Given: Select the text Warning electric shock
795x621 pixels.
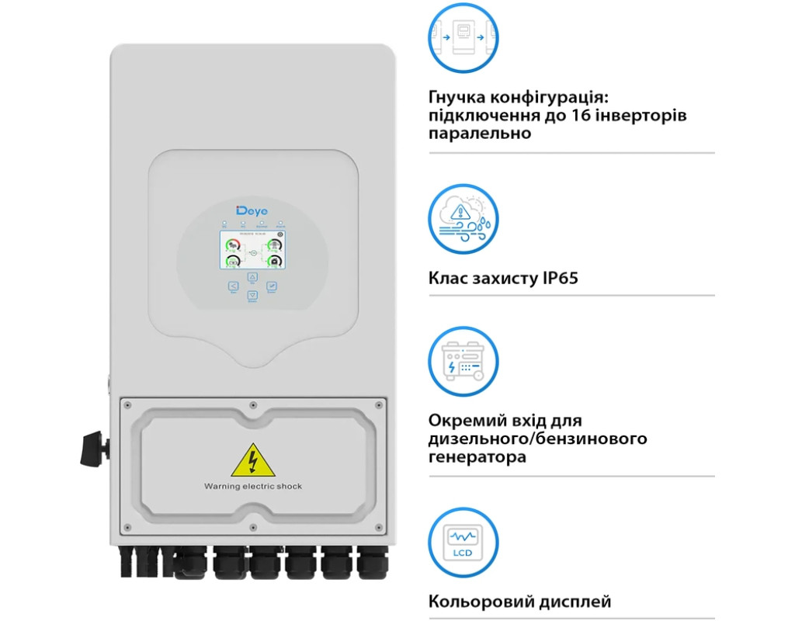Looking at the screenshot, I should click(253, 486).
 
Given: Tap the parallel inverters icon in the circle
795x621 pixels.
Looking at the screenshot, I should click(464, 36).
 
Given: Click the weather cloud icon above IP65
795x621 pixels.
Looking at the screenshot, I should click(464, 218).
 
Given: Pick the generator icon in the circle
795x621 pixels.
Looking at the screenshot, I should click(464, 361).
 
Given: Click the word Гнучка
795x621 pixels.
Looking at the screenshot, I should click(457, 97).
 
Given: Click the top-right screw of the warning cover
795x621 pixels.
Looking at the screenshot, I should click(378, 405).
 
